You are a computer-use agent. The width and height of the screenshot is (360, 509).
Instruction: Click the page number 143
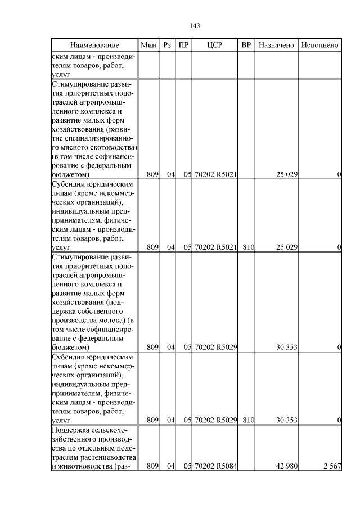pos(195,26)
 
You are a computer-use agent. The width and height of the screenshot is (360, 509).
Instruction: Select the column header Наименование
pos(94,45)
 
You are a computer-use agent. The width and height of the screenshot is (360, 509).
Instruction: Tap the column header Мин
pos(148,45)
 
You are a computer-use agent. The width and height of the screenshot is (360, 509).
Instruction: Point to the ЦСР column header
pos(215,45)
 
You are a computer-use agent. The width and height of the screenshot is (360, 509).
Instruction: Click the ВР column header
pos(246,45)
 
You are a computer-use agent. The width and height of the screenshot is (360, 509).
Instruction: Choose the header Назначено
pos(276,45)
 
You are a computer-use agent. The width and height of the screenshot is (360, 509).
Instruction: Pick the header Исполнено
pos(319,45)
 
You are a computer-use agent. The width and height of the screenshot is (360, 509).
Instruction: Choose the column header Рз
pos(166,45)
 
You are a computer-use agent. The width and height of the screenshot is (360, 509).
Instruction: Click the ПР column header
pos(183,45)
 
